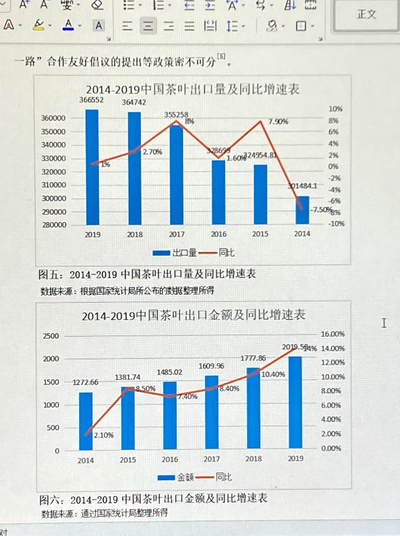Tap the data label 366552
pyautogui.click(x=91, y=100)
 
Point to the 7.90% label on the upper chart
pyautogui.click(x=278, y=121)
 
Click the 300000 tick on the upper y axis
pyautogui.click(x=54, y=198)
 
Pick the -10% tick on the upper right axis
pyautogui.click(x=336, y=224)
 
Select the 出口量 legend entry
pyautogui.click(x=175, y=253)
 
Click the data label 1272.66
pyautogui.click(x=85, y=382)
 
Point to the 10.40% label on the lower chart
pyautogui.click(x=273, y=374)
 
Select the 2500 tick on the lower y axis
pyautogui.click(x=51, y=336)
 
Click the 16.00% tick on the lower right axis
pyautogui.click(x=332, y=334)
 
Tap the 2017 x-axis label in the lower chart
pyautogui.click(x=211, y=459)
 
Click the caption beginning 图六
pyautogui.click(x=153, y=499)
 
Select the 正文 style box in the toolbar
pyautogui.click(x=366, y=15)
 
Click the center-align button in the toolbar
pyautogui.click(x=148, y=26)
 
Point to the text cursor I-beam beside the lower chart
pyautogui.click(x=384, y=323)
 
